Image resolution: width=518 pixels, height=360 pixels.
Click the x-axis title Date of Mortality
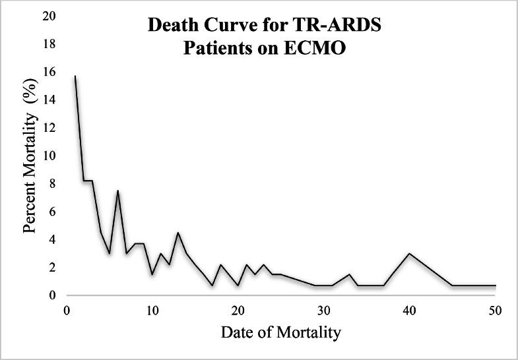280,332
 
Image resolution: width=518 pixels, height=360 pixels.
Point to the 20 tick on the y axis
49,16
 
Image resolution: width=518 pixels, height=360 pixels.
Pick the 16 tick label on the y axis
49,72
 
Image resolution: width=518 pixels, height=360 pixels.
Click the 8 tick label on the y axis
52,183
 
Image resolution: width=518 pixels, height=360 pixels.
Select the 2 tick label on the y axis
52,268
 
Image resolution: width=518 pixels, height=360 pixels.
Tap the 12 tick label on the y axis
49,128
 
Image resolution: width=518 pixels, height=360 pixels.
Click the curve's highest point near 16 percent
75,76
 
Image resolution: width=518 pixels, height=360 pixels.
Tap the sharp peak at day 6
117,191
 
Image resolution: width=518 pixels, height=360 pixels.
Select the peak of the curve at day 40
409,253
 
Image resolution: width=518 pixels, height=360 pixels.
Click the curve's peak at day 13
178,232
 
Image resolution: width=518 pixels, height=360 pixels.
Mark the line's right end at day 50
495,285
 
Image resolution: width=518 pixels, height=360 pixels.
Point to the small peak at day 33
349,274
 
